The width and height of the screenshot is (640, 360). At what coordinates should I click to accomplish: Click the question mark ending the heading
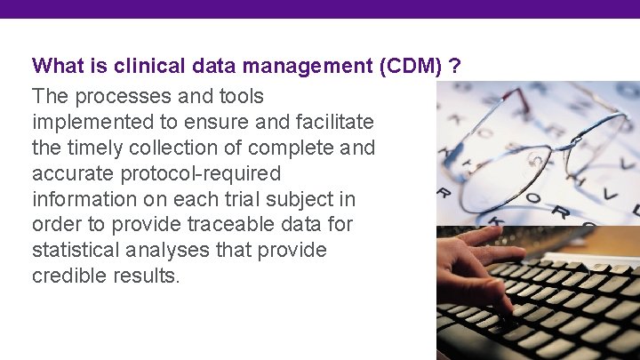(455, 67)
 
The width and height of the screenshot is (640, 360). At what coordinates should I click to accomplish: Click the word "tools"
(240, 95)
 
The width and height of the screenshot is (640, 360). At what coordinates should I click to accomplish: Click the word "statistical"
(75, 250)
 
